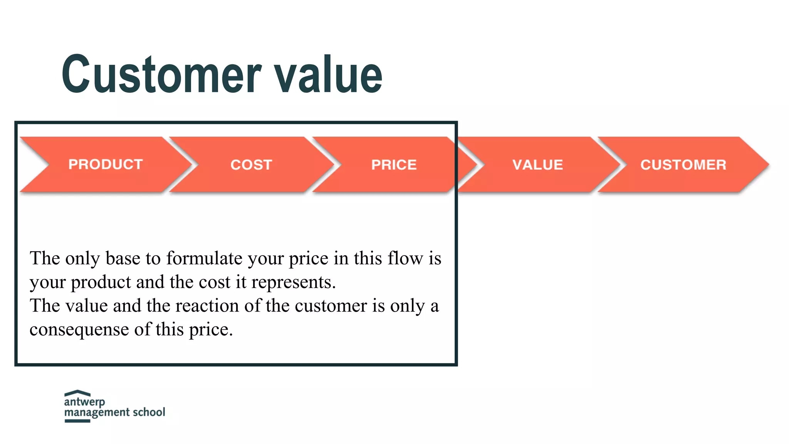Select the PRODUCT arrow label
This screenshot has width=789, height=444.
point(106,165)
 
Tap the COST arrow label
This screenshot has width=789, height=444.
point(251,165)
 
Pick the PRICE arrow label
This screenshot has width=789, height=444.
point(394,165)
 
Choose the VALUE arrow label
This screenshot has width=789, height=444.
point(537,165)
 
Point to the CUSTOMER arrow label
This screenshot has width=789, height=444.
point(683,165)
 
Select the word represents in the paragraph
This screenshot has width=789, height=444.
point(293,282)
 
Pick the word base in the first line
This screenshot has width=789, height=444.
point(123,258)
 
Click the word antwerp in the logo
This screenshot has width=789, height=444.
point(84,402)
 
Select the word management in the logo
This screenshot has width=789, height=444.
point(97,413)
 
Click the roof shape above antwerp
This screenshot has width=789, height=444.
point(77,393)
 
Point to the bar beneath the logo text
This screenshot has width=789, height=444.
point(77,421)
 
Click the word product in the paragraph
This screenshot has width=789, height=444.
point(101,283)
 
